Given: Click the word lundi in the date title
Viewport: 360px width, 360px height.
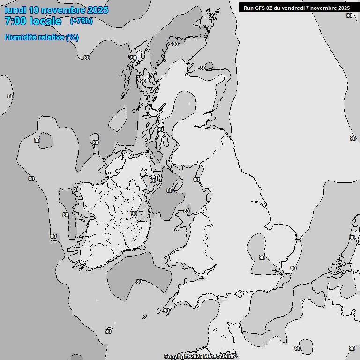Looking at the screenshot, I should (15, 10).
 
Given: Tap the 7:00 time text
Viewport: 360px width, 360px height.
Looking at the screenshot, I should (15, 21).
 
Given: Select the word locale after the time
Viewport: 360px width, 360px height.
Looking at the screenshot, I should (46, 21).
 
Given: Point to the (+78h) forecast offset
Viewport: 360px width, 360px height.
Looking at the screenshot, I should (81, 21).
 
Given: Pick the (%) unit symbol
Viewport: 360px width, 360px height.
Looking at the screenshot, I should (72, 37).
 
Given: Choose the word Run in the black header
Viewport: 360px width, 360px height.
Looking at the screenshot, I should (248, 8).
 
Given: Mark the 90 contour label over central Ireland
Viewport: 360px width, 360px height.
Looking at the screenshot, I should (134, 214).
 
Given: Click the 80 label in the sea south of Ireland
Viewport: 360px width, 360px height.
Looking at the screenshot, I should (139, 282).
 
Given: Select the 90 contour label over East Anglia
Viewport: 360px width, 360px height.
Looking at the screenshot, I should (262, 257).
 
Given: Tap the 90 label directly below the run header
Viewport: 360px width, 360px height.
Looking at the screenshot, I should (349, 15).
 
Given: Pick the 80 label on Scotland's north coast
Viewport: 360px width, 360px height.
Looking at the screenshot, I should (202, 68).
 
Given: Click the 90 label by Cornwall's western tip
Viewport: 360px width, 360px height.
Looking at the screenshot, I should (166, 311).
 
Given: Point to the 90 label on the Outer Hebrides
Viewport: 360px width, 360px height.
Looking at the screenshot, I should (134, 58).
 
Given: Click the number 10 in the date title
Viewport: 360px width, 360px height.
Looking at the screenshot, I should (34, 10).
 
